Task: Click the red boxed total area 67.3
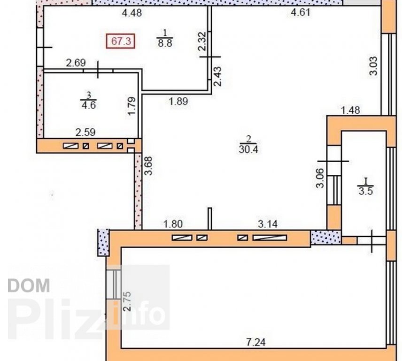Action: [x=121, y=41]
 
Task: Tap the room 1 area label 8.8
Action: [x=165, y=43]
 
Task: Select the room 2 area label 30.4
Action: [x=248, y=149]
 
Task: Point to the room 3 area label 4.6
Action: [x=88, y=105]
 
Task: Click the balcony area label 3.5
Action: [x=365, y=191]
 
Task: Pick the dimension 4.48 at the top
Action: [x=132, y=13]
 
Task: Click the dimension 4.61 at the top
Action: [x=301, y=12]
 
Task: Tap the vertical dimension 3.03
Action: [x=373, y=66]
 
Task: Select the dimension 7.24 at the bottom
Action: [x=255, y=342]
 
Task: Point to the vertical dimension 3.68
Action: [x=148, y=166]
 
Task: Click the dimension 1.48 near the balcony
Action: [x=350, y=110]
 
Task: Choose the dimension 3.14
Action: [x=268, y=224]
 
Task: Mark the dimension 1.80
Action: [x=173, y=224]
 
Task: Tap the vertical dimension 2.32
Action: [x=202, y=41]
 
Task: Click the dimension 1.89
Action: [x=178, y=102]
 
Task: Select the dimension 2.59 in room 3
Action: [x=85, y=132]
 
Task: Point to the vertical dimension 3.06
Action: [x=320, y=178]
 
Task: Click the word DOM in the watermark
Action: [x=29, y=286]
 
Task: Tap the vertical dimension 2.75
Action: [x=127, y=301]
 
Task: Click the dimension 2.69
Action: [x=76, y=63]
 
